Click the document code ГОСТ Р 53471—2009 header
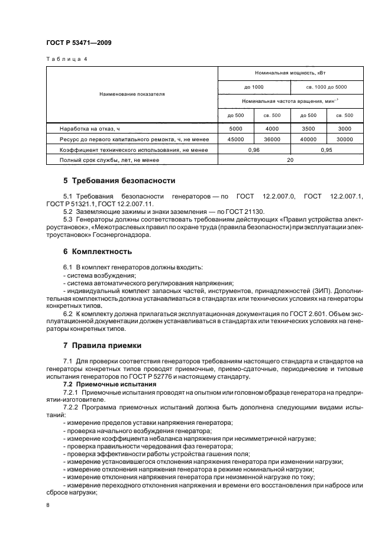click(x=78, y=43)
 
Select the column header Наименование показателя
click(x=133, y=93)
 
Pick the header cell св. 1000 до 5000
click(x=327, y=87)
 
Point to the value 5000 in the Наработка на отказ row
click(x=236, y=128)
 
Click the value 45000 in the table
click(x=236, y=139)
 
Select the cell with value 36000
click(x=272, y=139)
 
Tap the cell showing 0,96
click(x=254, y=150)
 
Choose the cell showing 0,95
click(x=327, y=150)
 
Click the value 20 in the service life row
click(x=290, y=161)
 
